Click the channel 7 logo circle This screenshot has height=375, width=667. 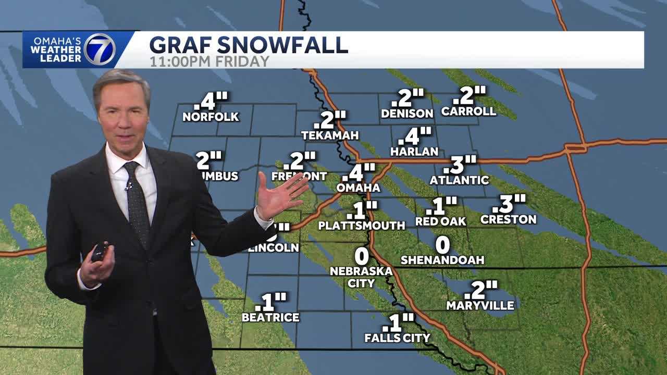click(100, 49)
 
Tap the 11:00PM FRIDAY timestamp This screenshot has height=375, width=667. click(209, 61)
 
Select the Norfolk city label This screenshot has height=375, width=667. click(211, 117)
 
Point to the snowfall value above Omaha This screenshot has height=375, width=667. click(359, 172)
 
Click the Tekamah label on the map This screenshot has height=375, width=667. click(330, 135)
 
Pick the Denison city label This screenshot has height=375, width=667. click(407, 113)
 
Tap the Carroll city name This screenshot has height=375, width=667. click(468, 111)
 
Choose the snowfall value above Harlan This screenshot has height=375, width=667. click(415, 136)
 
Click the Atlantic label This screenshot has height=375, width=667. click(459, 180)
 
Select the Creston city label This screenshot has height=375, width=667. click(508, 219)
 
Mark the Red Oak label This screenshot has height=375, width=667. click(440, 221)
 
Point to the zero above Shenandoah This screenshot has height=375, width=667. click(442, 244)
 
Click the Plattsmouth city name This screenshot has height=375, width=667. click(361, 226)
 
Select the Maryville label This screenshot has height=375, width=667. click(480, 306)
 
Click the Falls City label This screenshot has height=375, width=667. click(397, 338)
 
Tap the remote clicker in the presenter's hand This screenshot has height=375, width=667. click(100, 252)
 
